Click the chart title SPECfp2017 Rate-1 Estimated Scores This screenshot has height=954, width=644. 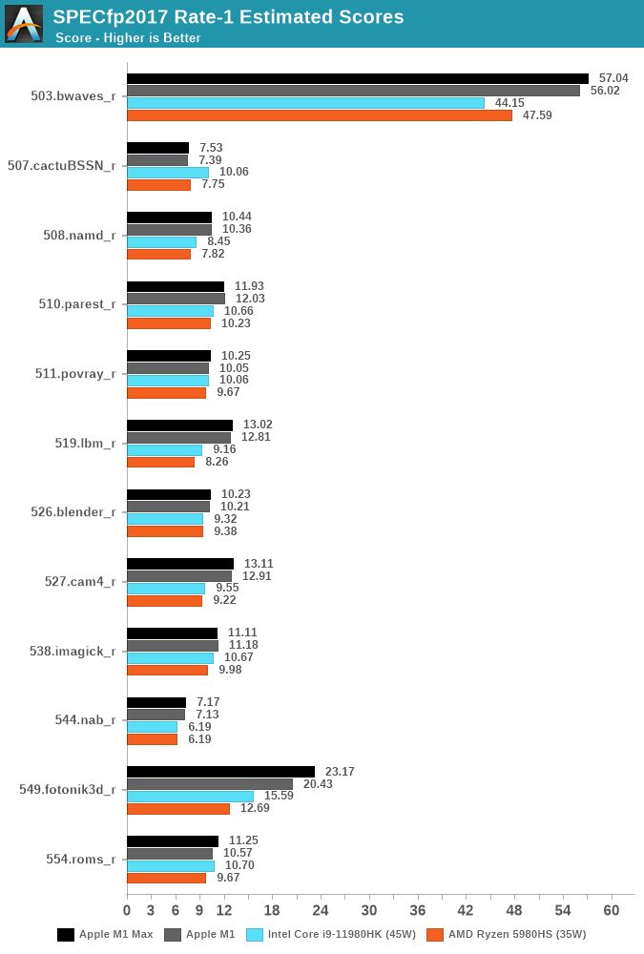coord(228,16)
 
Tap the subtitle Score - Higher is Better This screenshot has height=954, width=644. coord(128,38)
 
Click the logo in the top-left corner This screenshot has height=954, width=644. coord(24,24)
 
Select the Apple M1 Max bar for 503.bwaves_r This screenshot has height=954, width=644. coord(358,78)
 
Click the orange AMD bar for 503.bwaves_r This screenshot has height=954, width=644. coord(320,115)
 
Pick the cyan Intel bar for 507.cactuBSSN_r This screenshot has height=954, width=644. coord(168,173)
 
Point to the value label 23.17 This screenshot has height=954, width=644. coord(340,772)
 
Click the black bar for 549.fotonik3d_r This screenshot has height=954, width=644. coord(220,772)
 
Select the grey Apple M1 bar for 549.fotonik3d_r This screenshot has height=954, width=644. coord(210,784)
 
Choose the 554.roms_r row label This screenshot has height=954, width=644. coord(81,859)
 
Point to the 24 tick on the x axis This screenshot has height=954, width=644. coord(321,909)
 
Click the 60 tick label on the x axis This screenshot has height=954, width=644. coord(612,909)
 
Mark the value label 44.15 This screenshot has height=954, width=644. coord(509,103)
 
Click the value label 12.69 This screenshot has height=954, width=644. coord(255,808)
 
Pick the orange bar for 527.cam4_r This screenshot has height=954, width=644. coord(164,601)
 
